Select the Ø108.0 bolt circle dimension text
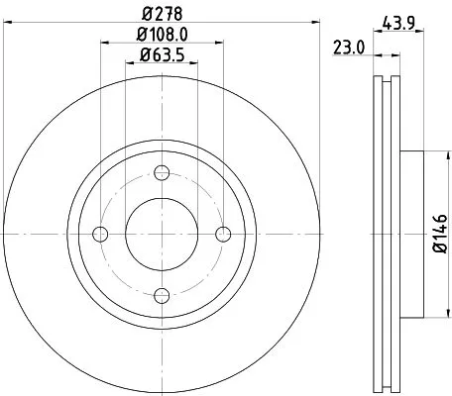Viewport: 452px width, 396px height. pos(162,37)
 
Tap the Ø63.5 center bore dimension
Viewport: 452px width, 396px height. pos(162,55)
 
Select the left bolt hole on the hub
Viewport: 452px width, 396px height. pos(100,234)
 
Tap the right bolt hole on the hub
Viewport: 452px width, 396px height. pos(223,234)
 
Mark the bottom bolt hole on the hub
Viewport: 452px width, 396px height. pos(162,294)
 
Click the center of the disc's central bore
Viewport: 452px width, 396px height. pos(162,234)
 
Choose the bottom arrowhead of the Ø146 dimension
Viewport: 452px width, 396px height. pos(434,313)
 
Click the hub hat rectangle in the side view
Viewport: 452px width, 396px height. pos(411,234)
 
